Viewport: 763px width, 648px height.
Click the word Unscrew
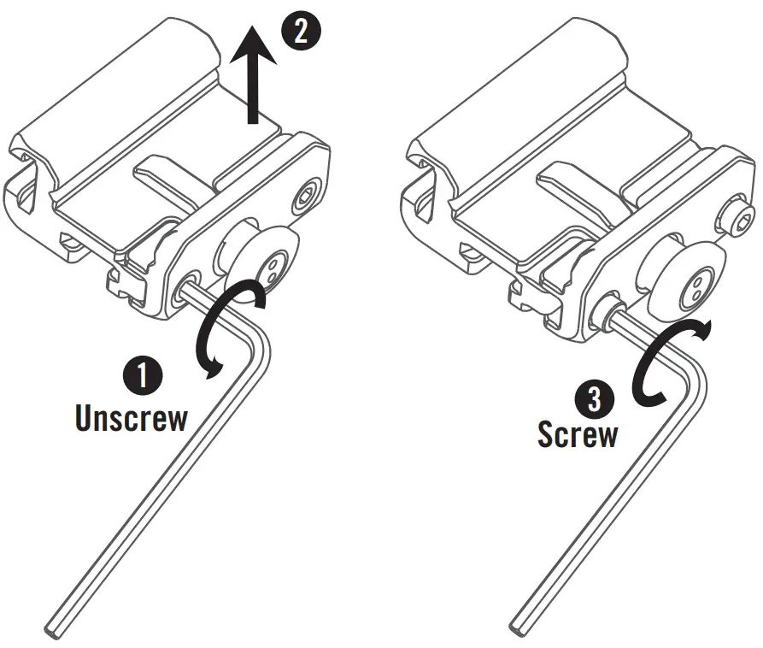point(130,419)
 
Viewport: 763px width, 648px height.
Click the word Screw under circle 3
point(577,434)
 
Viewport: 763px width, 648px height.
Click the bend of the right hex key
point(692,366)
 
